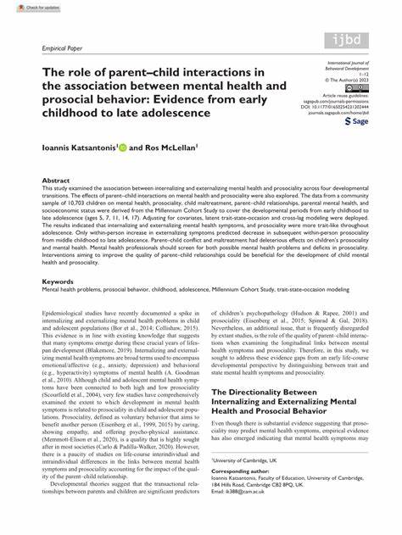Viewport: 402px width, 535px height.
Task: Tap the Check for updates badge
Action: click(24, 6)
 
